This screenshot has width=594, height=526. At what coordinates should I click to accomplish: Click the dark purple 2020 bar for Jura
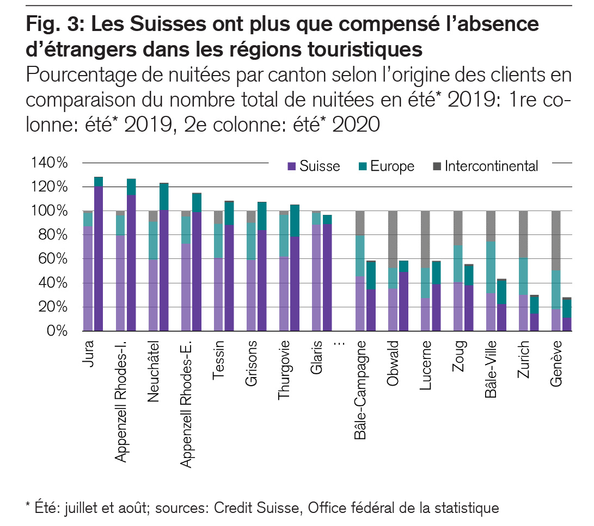point(99,258)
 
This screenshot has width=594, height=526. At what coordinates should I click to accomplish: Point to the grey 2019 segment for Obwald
point(393,239)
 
